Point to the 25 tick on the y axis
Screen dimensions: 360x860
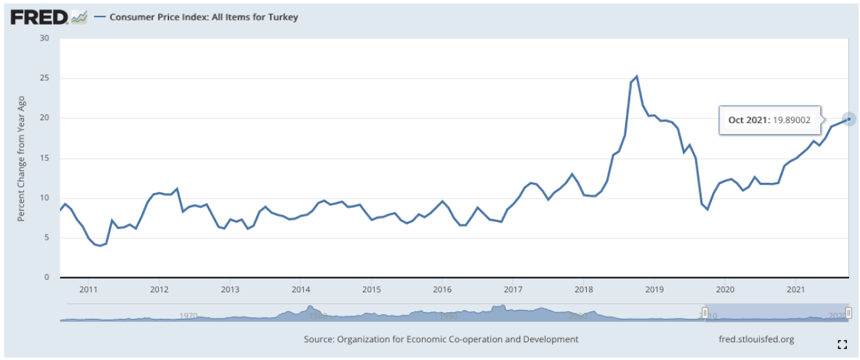[45, 78]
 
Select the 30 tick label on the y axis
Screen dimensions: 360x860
[45, 38]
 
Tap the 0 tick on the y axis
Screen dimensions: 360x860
[48, 277]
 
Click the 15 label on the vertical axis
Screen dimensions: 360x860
[45, 158]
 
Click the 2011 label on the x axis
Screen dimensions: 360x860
[88, 289]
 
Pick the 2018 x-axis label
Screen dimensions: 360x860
[583, 289]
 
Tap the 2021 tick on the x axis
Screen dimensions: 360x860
[795, 289]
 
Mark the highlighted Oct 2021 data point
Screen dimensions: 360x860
[849, 119]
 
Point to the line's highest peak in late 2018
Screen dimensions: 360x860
[637, 76]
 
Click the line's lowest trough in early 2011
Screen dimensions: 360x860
[100, 245]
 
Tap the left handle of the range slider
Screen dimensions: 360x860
[705, 313]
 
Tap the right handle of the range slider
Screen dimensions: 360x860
[849, 313]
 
